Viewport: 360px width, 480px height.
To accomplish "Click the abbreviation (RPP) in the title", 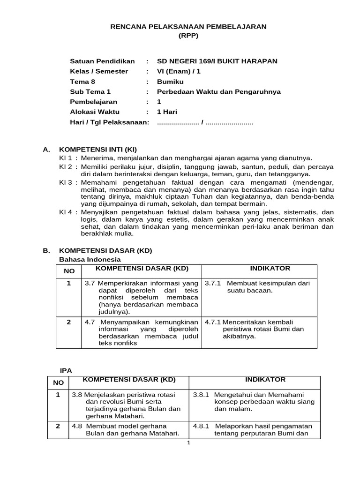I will [x=188, y=36].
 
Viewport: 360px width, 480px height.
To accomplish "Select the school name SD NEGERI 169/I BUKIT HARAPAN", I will [x=217, y=61].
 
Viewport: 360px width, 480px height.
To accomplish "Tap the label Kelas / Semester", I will [x=98, y=71].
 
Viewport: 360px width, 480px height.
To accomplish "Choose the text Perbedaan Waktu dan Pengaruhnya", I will [x=218, y=92].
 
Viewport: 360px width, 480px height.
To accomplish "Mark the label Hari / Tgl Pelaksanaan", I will [x=109, y=122].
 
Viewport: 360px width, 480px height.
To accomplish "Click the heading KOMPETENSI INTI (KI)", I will [x=97, y=150].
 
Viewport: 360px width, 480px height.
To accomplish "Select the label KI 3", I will [x=66, y=181].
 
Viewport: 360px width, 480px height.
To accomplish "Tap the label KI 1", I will [x=66, y=158].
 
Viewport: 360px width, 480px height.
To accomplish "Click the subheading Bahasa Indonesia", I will [x=90, y=259].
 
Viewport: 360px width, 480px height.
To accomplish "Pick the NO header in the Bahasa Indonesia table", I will [x=69, y=271].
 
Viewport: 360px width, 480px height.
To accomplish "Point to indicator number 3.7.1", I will [x=213, y=283].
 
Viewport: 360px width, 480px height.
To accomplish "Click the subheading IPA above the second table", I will [x=66, y=370].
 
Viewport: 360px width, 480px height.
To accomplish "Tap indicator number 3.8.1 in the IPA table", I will [x=202, y=395].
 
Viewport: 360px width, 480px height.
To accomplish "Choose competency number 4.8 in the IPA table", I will [x=77, y=426].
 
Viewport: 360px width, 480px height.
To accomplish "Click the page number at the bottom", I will [x=187, y=443].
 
